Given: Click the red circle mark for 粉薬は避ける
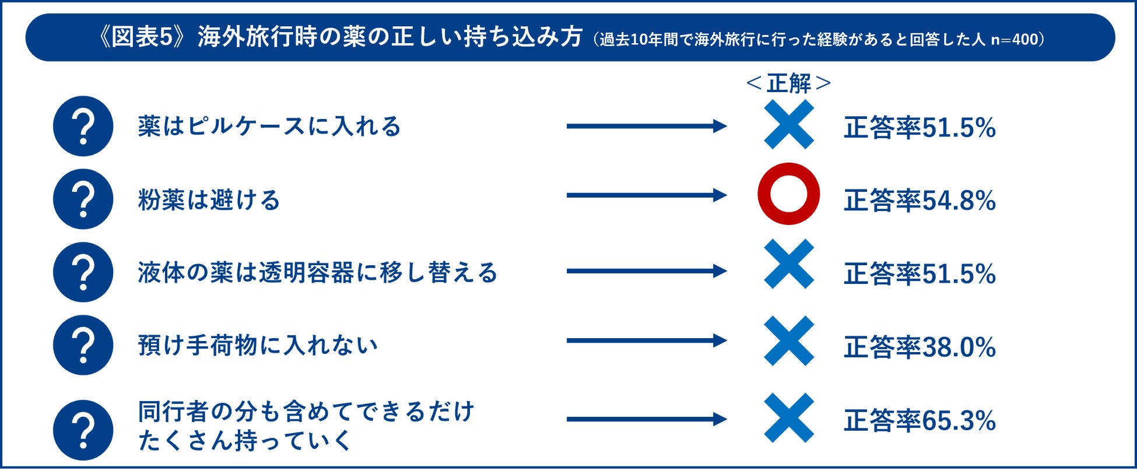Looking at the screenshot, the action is point(788,194).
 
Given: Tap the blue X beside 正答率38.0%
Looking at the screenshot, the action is point(788,341).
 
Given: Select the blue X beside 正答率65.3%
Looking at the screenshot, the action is point(788,418).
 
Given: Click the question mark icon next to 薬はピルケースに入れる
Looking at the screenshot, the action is point(83,126).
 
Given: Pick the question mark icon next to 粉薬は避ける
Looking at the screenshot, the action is point(83,199).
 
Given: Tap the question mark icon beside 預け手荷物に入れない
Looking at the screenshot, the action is point(83,345).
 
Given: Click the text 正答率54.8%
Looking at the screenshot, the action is point(920,201).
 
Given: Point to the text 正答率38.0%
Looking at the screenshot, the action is point(920,347).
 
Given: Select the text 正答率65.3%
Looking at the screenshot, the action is point(920,421).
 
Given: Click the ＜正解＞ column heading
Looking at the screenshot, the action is point(788,83).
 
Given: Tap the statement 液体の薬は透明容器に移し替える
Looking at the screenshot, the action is point(318,273).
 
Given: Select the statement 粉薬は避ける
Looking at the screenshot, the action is point(209,200).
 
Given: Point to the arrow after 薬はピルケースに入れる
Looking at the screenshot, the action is point(646,126).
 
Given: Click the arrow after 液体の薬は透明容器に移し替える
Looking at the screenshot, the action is point(646,271).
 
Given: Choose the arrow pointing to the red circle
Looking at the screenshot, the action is point(646,195).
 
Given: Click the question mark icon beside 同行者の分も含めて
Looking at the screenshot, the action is point(83,430).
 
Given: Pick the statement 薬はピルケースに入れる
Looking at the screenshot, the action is point(269,126).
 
